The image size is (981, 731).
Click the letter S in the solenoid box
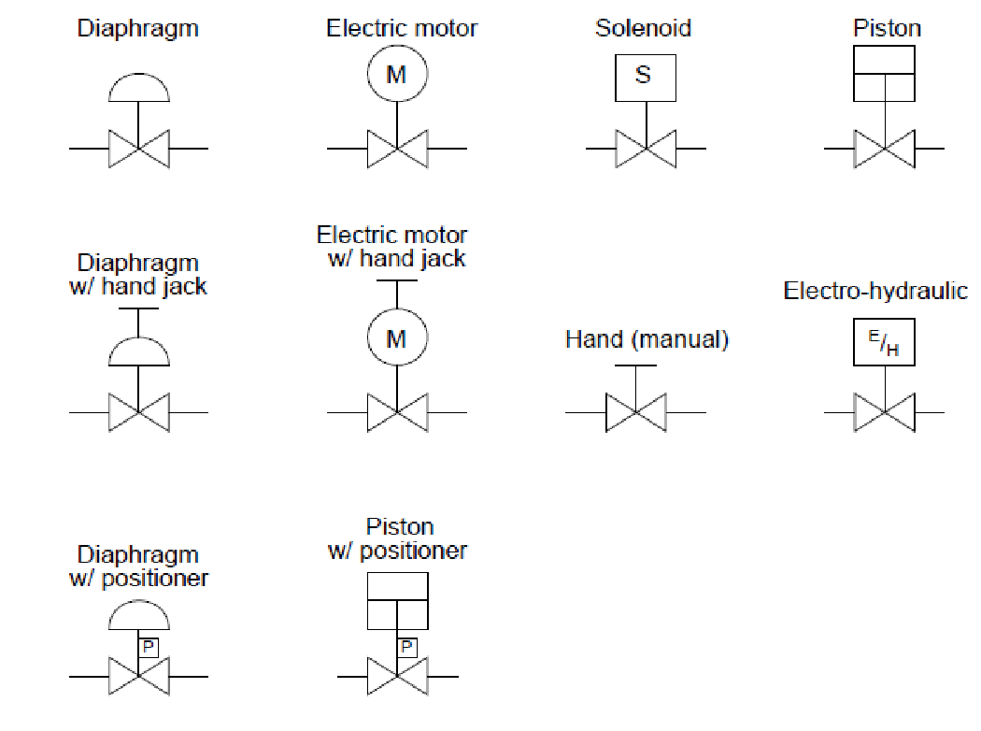click(x=643, y=75)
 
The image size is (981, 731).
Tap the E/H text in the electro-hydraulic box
click(x=884, y=344)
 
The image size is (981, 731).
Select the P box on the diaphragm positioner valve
click(x=149, y=647)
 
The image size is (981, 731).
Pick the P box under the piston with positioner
click(x=407, y=647)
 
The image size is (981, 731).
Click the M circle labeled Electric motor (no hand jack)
click(x=397, y=74)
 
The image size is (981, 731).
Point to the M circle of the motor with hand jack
click(x=397, y=337)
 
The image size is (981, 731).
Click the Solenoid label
click(x=643, y=28)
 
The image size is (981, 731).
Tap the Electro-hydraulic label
click(x=875, y=291)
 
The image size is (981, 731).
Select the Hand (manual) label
click(x=647, y=338)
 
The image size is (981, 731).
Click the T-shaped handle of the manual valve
click(x=636, y=365)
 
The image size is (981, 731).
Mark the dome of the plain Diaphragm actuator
click(x=139, y=89)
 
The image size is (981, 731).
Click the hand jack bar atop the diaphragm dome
click(x=139, y=309)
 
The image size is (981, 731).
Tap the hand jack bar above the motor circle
click(x=397, y=282)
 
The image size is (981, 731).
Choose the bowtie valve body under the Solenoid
click(x=646, y=149)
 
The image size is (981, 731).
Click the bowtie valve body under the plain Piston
click(x=884, y=149)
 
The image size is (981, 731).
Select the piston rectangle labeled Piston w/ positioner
click(x=397, y=600)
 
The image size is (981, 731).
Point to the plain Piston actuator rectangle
click(x=884, y=73)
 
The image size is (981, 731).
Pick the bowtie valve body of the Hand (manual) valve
click(x=636, y=412)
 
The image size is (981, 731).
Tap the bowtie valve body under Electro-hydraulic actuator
click(x=884, y=412)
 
